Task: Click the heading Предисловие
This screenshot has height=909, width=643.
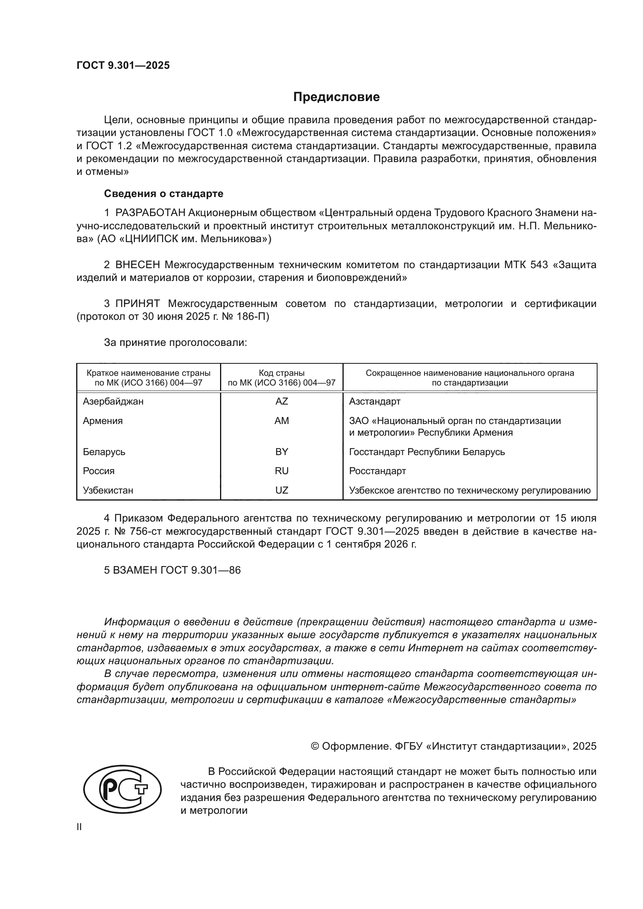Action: coord(336,97)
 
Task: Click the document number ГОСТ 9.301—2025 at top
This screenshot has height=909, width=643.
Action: coord(123,66)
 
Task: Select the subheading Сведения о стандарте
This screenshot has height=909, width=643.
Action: coord(164,194)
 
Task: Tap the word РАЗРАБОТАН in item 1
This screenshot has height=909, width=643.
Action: coord(150,213)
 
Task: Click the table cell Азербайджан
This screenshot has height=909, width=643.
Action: coord(113,401)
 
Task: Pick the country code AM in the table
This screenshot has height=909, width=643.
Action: coord(281,421)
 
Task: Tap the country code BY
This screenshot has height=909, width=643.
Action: coord(281,452)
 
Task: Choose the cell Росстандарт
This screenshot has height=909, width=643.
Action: coord(377,471)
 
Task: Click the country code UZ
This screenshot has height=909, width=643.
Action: coord(281,490)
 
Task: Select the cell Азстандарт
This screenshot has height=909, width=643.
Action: coord(374,401)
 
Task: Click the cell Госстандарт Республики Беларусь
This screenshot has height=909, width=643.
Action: coord(427,452)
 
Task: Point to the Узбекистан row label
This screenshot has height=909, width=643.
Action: coord(108,490)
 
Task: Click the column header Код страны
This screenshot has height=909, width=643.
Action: coord(281,373)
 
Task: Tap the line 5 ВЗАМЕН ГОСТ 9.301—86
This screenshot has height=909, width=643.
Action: coord(172,570)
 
